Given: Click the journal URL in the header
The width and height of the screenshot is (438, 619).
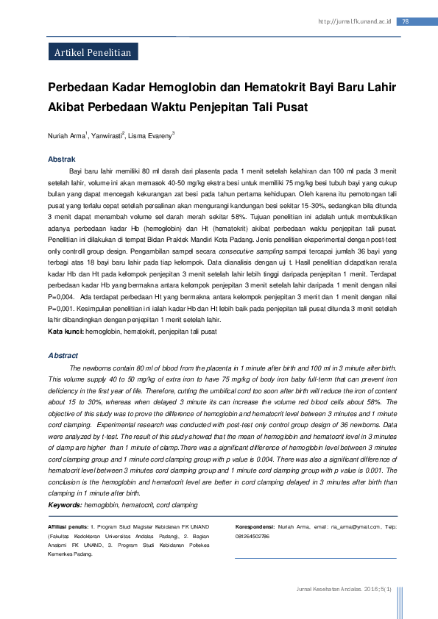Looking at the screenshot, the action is point(354,21).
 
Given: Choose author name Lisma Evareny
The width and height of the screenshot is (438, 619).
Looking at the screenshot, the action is point(150,136).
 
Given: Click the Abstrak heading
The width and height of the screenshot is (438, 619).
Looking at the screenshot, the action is point(61,159).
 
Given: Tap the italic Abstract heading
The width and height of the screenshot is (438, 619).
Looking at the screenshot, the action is point(63,355).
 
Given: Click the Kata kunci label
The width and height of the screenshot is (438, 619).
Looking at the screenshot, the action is point(66,332).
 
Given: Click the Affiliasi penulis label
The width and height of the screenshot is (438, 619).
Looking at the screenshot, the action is point(68,527).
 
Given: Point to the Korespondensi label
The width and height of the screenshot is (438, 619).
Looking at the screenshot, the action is point(255,527).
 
